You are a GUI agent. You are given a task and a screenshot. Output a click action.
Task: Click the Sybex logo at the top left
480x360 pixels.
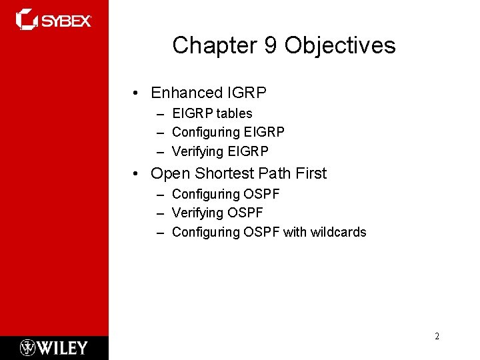point(53,20)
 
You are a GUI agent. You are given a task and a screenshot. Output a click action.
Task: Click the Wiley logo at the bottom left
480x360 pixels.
point(54,347)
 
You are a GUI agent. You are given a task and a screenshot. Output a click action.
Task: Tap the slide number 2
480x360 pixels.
point(437,336)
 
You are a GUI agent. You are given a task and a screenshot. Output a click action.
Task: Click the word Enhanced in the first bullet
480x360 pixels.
point(187,93)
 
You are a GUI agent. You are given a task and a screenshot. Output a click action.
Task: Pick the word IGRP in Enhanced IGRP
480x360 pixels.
point(247,93)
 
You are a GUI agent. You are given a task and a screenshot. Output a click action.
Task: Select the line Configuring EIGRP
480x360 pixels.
point(228,132)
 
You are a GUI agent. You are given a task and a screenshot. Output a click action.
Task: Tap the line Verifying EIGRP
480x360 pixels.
point(220,151)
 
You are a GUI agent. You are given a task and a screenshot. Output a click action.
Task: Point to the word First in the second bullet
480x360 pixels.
point(311,173)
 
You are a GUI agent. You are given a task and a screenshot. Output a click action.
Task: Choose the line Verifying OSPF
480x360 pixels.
point(217,213)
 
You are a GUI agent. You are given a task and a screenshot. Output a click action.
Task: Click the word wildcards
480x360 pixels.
point(338,232)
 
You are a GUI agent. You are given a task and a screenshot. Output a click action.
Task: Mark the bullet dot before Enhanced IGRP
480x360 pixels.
point(135,93)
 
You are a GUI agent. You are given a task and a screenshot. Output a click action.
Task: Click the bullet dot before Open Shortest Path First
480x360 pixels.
point(135,174)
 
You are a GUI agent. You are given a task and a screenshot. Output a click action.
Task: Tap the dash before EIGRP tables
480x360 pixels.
point(161,114)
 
